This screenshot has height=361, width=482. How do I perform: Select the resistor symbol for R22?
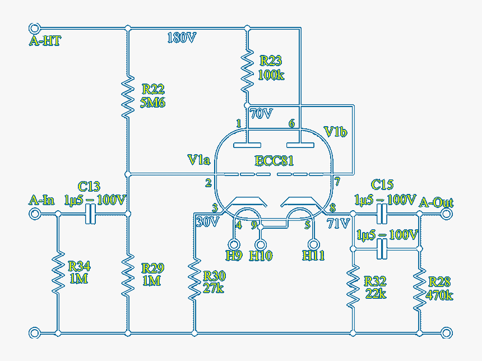(x=128, y=96)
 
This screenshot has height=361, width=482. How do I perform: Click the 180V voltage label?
(x=182, y=38)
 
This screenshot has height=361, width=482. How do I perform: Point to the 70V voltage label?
(x=261, y=114)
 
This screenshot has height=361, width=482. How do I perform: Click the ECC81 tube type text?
(x=274, y=161)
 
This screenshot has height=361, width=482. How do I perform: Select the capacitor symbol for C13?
(x=90, y=214)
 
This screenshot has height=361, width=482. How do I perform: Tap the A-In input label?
(x=42, y=200)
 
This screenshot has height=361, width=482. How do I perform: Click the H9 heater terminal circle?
(x=233, y=244)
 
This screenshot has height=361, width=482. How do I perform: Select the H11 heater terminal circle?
(x=314, y=244)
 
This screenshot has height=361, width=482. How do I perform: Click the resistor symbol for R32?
(x=353, y=286)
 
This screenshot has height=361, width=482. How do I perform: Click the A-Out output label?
(x=437, y=202)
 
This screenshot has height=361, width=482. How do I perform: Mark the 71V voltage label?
(x=338, y=223)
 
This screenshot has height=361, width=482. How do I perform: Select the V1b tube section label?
(x=336, y=132)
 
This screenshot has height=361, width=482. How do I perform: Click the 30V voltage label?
(x=207, y=222)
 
